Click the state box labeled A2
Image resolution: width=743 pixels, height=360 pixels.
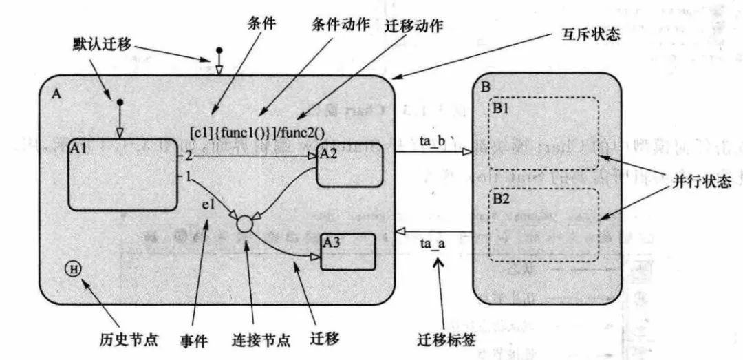(x=348, y=166)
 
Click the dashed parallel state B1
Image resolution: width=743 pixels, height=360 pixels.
(x=543, y=134)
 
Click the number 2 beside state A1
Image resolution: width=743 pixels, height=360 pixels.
(x=187, y=156)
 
